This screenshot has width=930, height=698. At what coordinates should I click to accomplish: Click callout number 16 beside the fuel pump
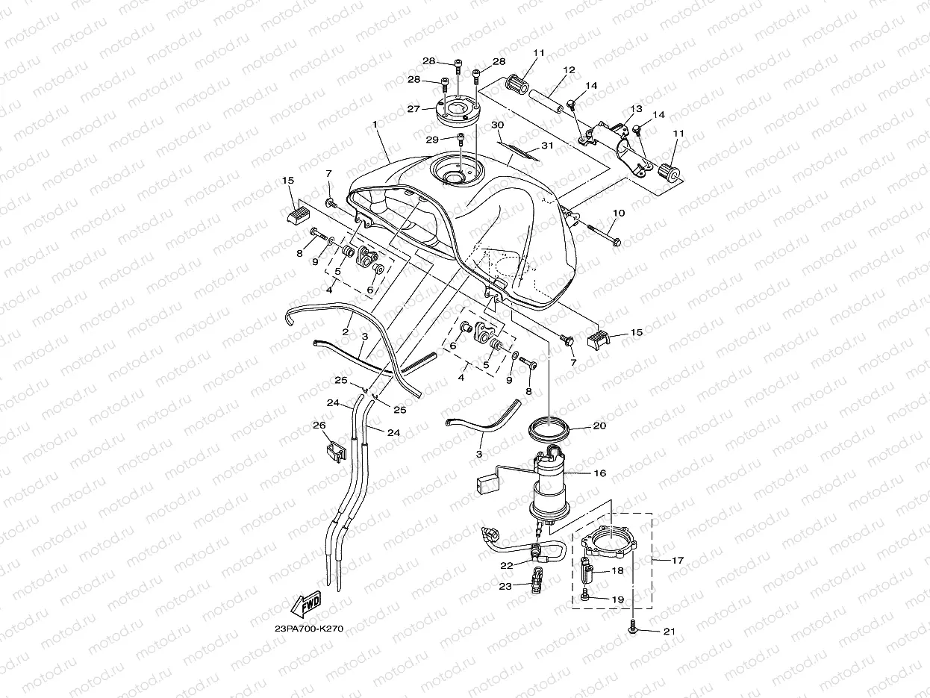pos(599,473)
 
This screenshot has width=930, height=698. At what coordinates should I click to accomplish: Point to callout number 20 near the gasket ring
pos(599,426)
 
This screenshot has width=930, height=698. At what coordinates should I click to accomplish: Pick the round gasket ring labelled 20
pos(549,431)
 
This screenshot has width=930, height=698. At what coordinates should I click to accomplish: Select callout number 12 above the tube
pos(569,70)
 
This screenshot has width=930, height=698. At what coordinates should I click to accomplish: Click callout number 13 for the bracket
pos(636,109)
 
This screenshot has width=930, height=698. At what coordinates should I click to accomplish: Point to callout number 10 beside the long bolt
pos(618,214)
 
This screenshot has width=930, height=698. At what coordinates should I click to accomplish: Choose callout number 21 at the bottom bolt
pos(669,632)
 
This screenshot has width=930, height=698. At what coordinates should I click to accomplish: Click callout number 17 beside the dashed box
pos(677,559)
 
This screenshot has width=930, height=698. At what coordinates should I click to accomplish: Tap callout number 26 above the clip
pos(319,426)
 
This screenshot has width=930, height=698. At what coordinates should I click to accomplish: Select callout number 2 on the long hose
pos(346,331)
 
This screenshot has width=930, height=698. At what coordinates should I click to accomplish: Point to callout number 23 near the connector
pos(506,587)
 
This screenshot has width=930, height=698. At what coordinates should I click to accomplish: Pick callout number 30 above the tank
pos(498,125)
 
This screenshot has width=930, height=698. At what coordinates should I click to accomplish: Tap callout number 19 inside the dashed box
pos(617,599)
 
